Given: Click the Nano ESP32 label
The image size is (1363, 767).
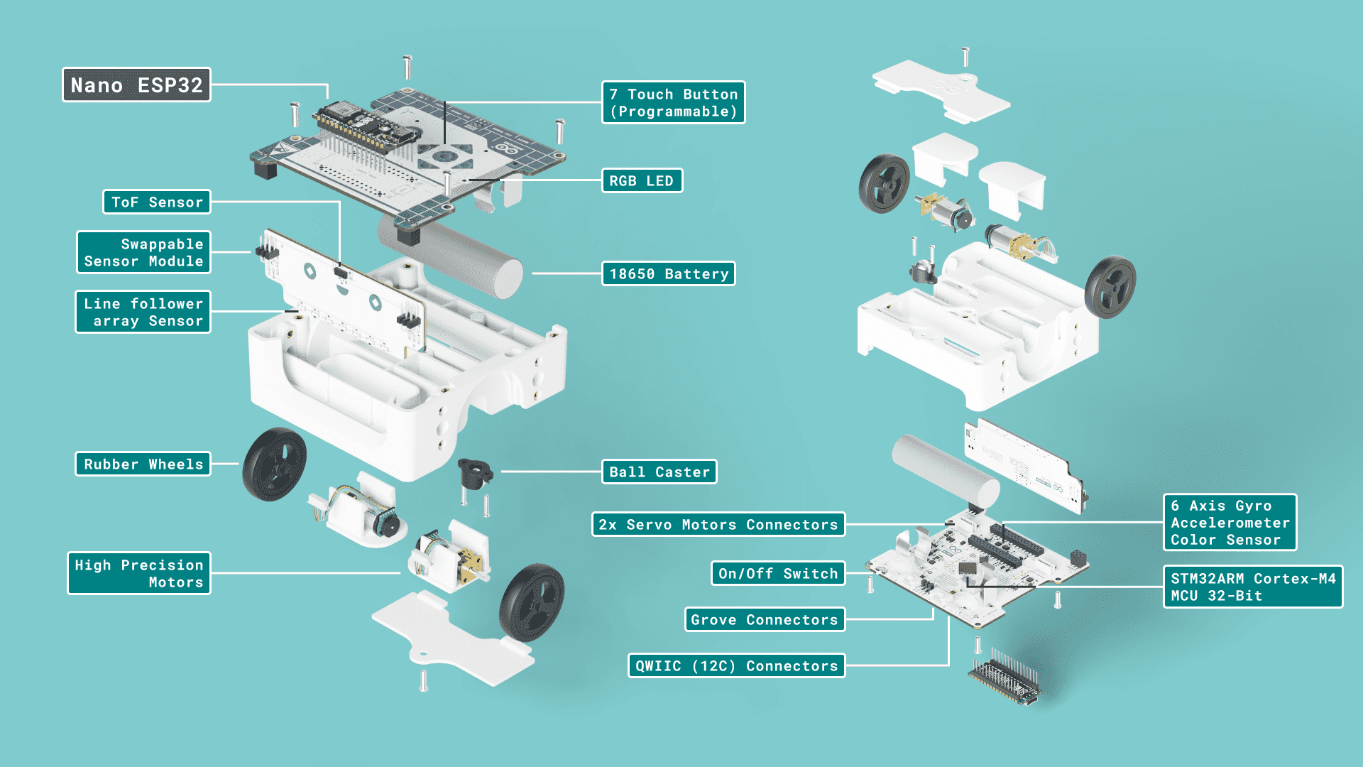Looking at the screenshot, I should (x=136, y=85).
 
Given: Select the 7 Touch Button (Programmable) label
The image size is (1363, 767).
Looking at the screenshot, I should (x=673, y=103).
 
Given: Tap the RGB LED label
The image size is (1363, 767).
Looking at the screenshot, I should (x=642, y=181).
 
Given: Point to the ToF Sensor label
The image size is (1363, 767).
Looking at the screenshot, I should (x=157, y=202).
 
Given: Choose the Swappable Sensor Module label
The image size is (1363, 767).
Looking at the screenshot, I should (x=143, y=253).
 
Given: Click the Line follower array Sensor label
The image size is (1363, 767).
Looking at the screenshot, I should (x=143, y=312).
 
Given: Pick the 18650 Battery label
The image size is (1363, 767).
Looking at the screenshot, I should (x=668, y=274).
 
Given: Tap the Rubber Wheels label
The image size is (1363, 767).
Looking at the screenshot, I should (x=143, y=464).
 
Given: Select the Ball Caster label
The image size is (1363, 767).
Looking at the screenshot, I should (x=659, y=472).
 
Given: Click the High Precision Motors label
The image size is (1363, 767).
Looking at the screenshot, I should (x=139, y=574).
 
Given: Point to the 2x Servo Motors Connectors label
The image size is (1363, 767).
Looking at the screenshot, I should (x=718, y=525).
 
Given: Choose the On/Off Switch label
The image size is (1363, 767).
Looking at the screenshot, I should (x=778, y=574).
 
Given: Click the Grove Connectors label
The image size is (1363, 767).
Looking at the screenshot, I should (x=765, y=620).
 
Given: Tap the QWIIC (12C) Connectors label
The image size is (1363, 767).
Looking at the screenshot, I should (x=736, y=666).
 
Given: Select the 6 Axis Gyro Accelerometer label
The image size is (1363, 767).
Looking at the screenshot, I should (x=1230, y=523).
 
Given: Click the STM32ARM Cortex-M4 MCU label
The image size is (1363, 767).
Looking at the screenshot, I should (x=1252, y=587).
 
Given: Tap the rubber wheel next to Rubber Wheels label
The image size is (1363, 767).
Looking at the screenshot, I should (x=274, y=464).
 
